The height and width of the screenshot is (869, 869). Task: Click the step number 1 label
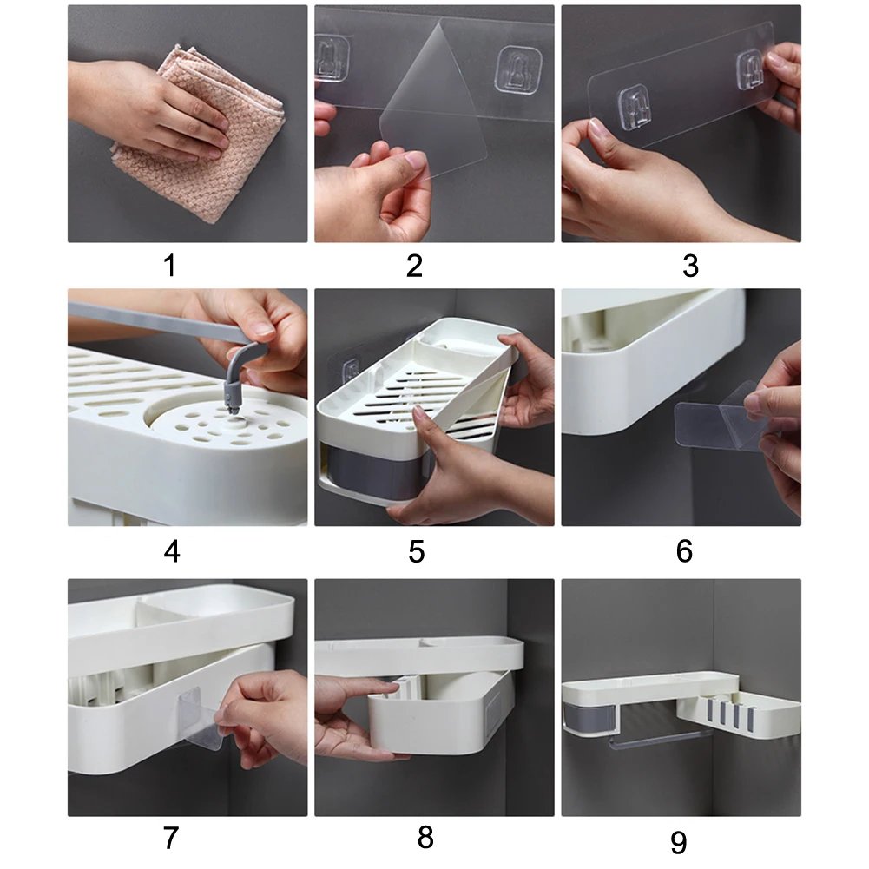tap(170, 266)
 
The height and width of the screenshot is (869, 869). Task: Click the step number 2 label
tap(415, 266)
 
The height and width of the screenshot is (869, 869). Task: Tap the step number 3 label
tap(690, 266)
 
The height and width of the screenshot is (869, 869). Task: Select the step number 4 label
tap(172, 551)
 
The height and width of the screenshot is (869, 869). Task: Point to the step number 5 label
tap(417, 551)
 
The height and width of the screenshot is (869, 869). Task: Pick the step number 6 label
tap(684, 551)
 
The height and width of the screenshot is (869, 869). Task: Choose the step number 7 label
tap(171, 838)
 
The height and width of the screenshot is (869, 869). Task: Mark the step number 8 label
tap(425, 838)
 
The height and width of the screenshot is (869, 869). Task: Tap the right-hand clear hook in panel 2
tap(517, 69)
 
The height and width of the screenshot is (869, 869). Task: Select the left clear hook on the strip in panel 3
tap(635, 108)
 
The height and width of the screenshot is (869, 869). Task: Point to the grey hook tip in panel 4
tap(233, 408)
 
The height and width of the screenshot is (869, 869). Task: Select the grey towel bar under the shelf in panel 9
tap(660, 738)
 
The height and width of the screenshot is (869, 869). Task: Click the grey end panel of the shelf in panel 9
tap(589, 718)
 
